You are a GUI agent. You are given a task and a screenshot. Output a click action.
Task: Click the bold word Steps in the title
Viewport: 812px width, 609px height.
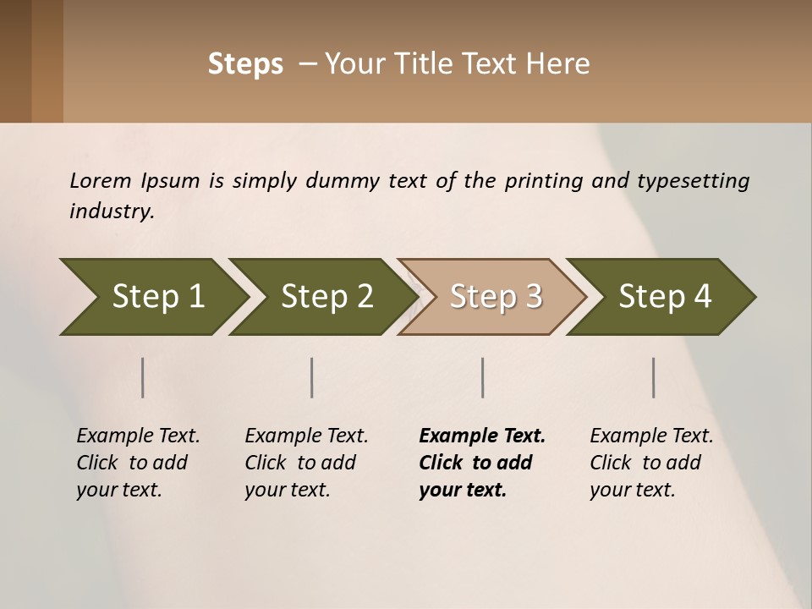click(x=245, y=64)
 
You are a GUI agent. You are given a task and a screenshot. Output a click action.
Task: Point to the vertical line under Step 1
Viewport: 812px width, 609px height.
click(x=143, y=377)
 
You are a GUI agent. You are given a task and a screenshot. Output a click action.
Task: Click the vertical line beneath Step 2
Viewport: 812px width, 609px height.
click(x=312, y=377)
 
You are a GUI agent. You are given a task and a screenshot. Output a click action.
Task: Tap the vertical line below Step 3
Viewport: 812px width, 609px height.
click(x=483, y=377)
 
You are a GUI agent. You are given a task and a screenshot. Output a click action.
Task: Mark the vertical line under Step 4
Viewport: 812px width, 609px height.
click(x=654, y=377)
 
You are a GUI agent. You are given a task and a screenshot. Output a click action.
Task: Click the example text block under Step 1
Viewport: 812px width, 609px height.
click(x=138, y=463)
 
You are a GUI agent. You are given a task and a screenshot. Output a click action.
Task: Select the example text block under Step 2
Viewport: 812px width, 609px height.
click(x=306, y=463)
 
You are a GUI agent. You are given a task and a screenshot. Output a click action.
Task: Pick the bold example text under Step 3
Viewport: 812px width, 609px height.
click(x=481, y=463)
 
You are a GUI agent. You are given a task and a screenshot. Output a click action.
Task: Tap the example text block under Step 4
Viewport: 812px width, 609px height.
click(x=651, y=463)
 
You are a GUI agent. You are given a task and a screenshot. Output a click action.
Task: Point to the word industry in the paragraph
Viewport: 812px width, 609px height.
click(x=111, y=211)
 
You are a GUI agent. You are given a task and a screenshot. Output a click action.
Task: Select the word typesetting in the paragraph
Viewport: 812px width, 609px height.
click(x=693, y=182)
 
